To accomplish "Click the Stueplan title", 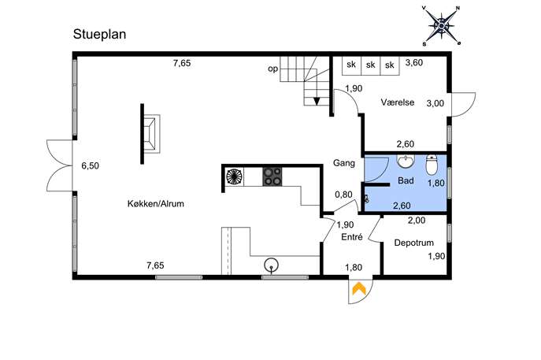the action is (99, 35).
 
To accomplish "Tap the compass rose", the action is (442, 25).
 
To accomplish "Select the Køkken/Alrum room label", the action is (156, 204).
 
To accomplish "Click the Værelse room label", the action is (398, 102).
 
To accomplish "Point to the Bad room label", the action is (406, 180).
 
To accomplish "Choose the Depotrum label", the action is (413, 243).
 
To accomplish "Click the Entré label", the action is (351, 237).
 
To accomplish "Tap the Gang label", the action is (343, 163).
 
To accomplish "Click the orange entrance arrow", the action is (359, 288).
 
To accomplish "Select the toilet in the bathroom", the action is (432, 165).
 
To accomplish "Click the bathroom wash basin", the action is (406, 161).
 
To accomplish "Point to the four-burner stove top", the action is (272, 176).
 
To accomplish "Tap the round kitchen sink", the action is (271, 265).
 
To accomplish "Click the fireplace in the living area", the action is (150, 134).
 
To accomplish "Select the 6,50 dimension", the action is (90, 165).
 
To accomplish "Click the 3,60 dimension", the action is (414, 63).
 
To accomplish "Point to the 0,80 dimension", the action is (343, 195).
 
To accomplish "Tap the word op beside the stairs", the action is (273, 69).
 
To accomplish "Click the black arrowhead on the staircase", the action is (317, 101).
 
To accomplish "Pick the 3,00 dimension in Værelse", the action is (435, 103).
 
